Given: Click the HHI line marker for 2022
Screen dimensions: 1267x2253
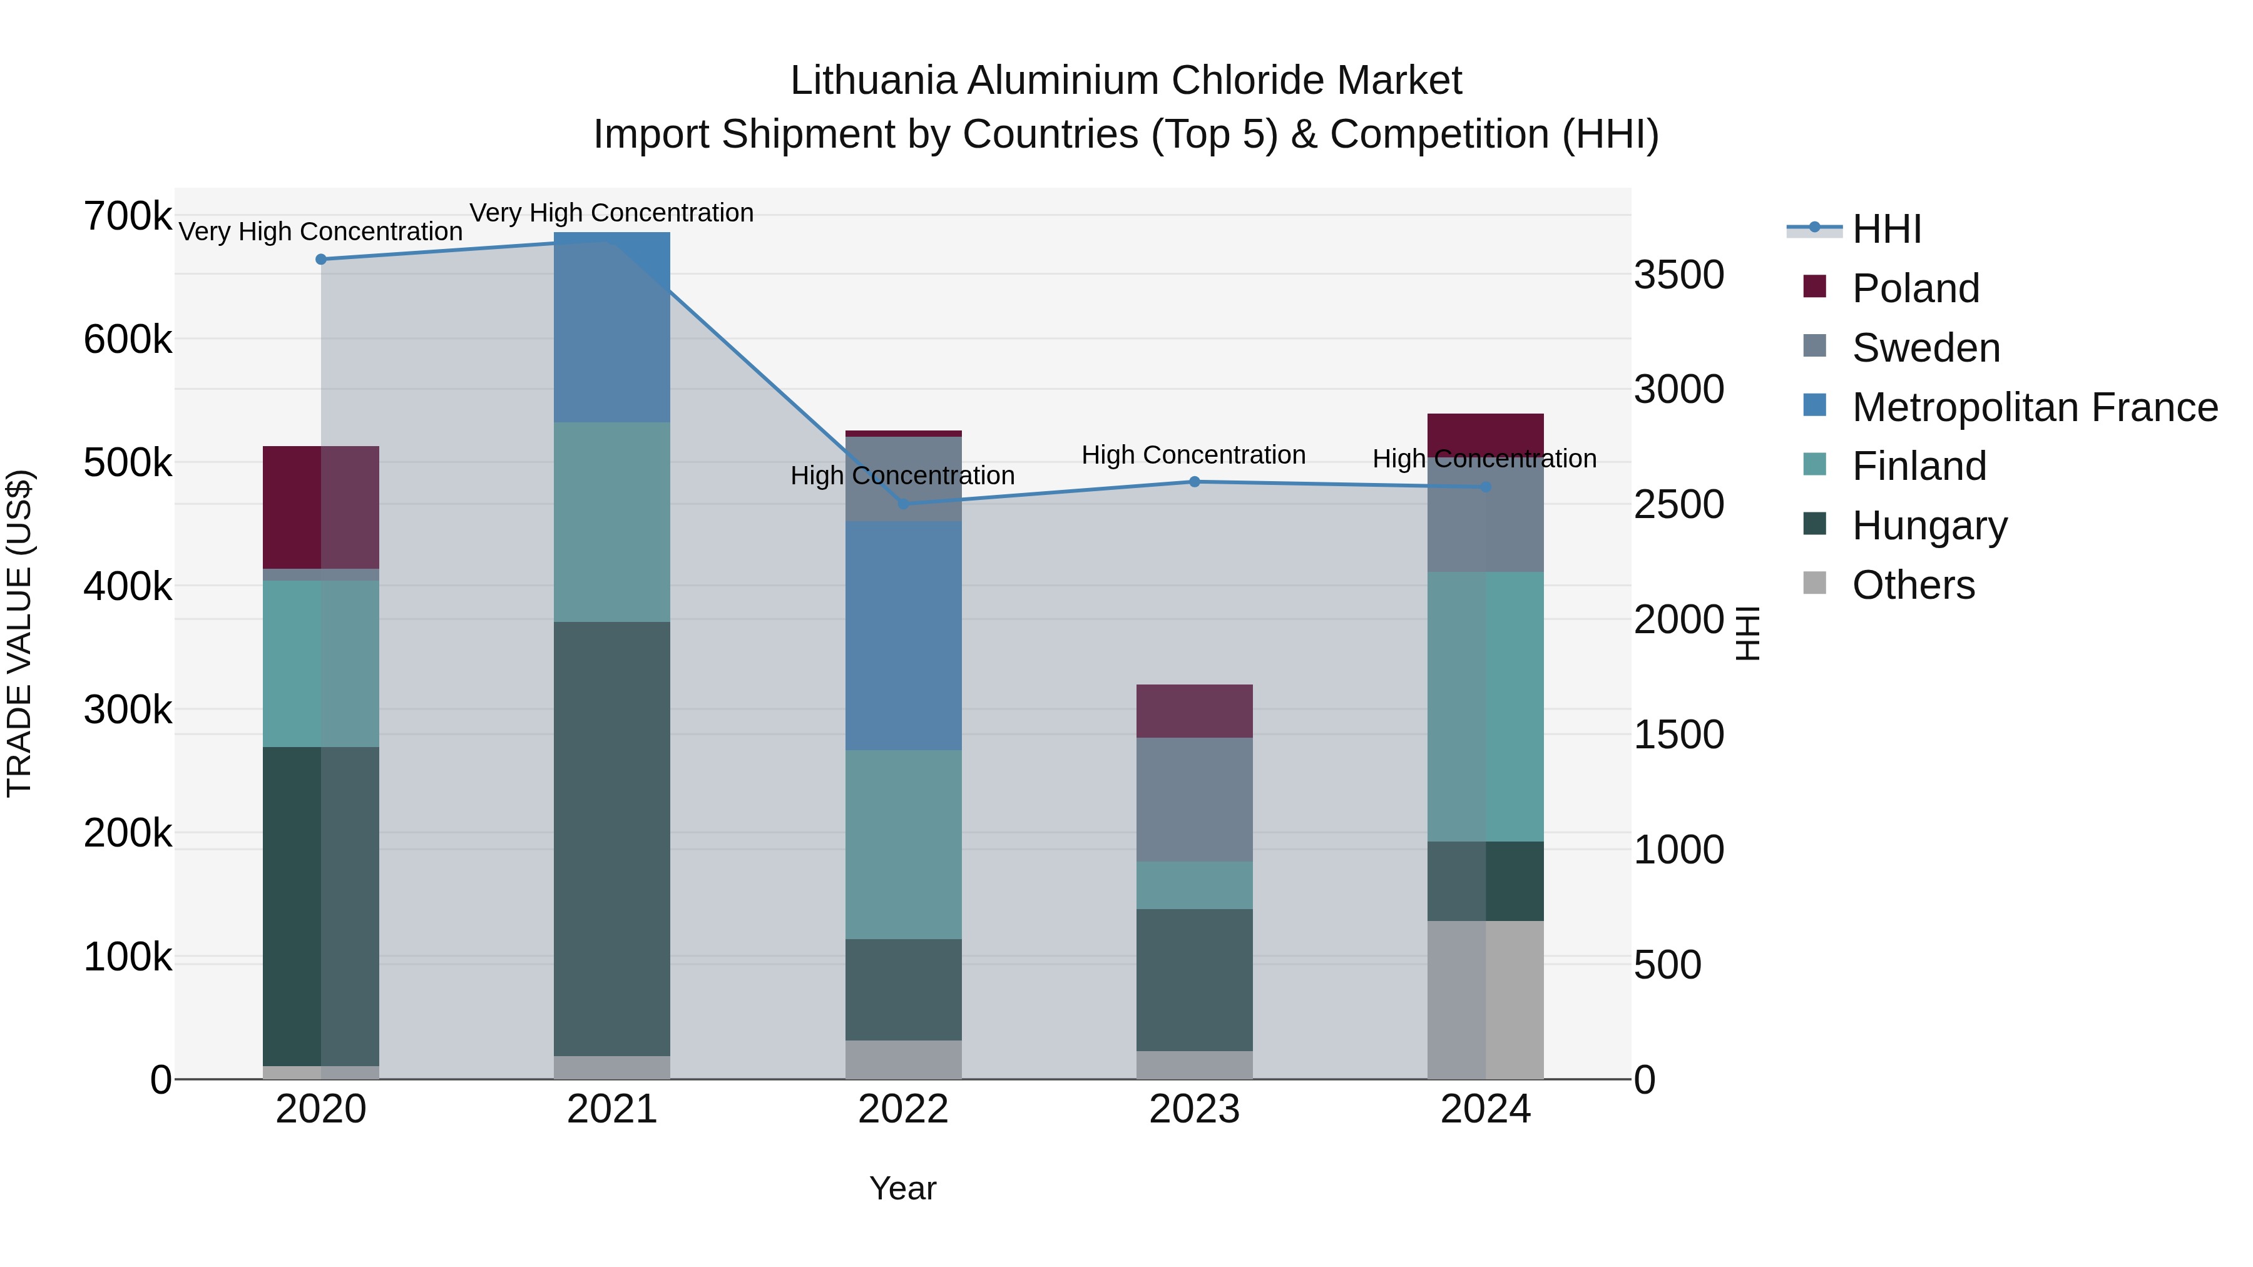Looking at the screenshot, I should point(904,504).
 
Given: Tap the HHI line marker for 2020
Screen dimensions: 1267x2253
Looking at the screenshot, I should point(321,260).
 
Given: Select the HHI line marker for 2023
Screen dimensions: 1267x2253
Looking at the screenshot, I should point(1195,482).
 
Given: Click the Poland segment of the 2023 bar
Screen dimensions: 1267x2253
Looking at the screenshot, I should point(1195,711).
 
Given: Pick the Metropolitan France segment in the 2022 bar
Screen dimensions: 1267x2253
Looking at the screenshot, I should point(904,636).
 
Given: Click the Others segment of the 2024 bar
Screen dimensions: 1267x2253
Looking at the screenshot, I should point(1486,999).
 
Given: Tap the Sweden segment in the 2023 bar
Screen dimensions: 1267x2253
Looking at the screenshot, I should point(1195,799).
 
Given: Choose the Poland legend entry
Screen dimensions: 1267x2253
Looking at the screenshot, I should point(1916,288).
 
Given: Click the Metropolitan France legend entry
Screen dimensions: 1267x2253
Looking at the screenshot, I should point(2035,407).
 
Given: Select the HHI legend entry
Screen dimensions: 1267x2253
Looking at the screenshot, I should point(1886,229).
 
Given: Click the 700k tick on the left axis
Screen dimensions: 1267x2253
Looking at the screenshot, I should point(128,216).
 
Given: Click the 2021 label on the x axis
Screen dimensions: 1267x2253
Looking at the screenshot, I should point(612,1109).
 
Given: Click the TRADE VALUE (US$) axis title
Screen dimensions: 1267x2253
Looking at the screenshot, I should point(19,634).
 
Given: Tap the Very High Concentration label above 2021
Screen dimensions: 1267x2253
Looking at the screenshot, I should point(611,213).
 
